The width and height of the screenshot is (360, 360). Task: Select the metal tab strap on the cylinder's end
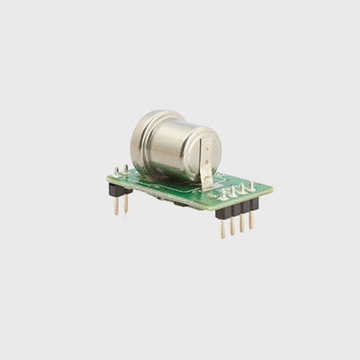click(x=206, y=171)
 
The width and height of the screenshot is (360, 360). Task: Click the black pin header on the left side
click(x=120, y=190)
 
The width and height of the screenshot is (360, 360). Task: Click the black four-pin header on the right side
click(x=237, y=210)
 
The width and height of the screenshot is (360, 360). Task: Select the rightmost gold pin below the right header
click(x=251, y=220)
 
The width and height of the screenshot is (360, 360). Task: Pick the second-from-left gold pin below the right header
click(x=232, y=226)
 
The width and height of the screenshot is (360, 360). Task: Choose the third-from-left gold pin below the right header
click(x=241, y=223)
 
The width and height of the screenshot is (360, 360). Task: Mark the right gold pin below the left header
click(x=126, y=204)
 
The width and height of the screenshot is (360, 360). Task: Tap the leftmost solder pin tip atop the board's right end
click(x=222, y=193)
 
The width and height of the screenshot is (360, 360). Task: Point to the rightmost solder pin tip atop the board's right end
click(x=251, y=184)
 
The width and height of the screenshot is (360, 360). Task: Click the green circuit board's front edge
click(x=171, y=195)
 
